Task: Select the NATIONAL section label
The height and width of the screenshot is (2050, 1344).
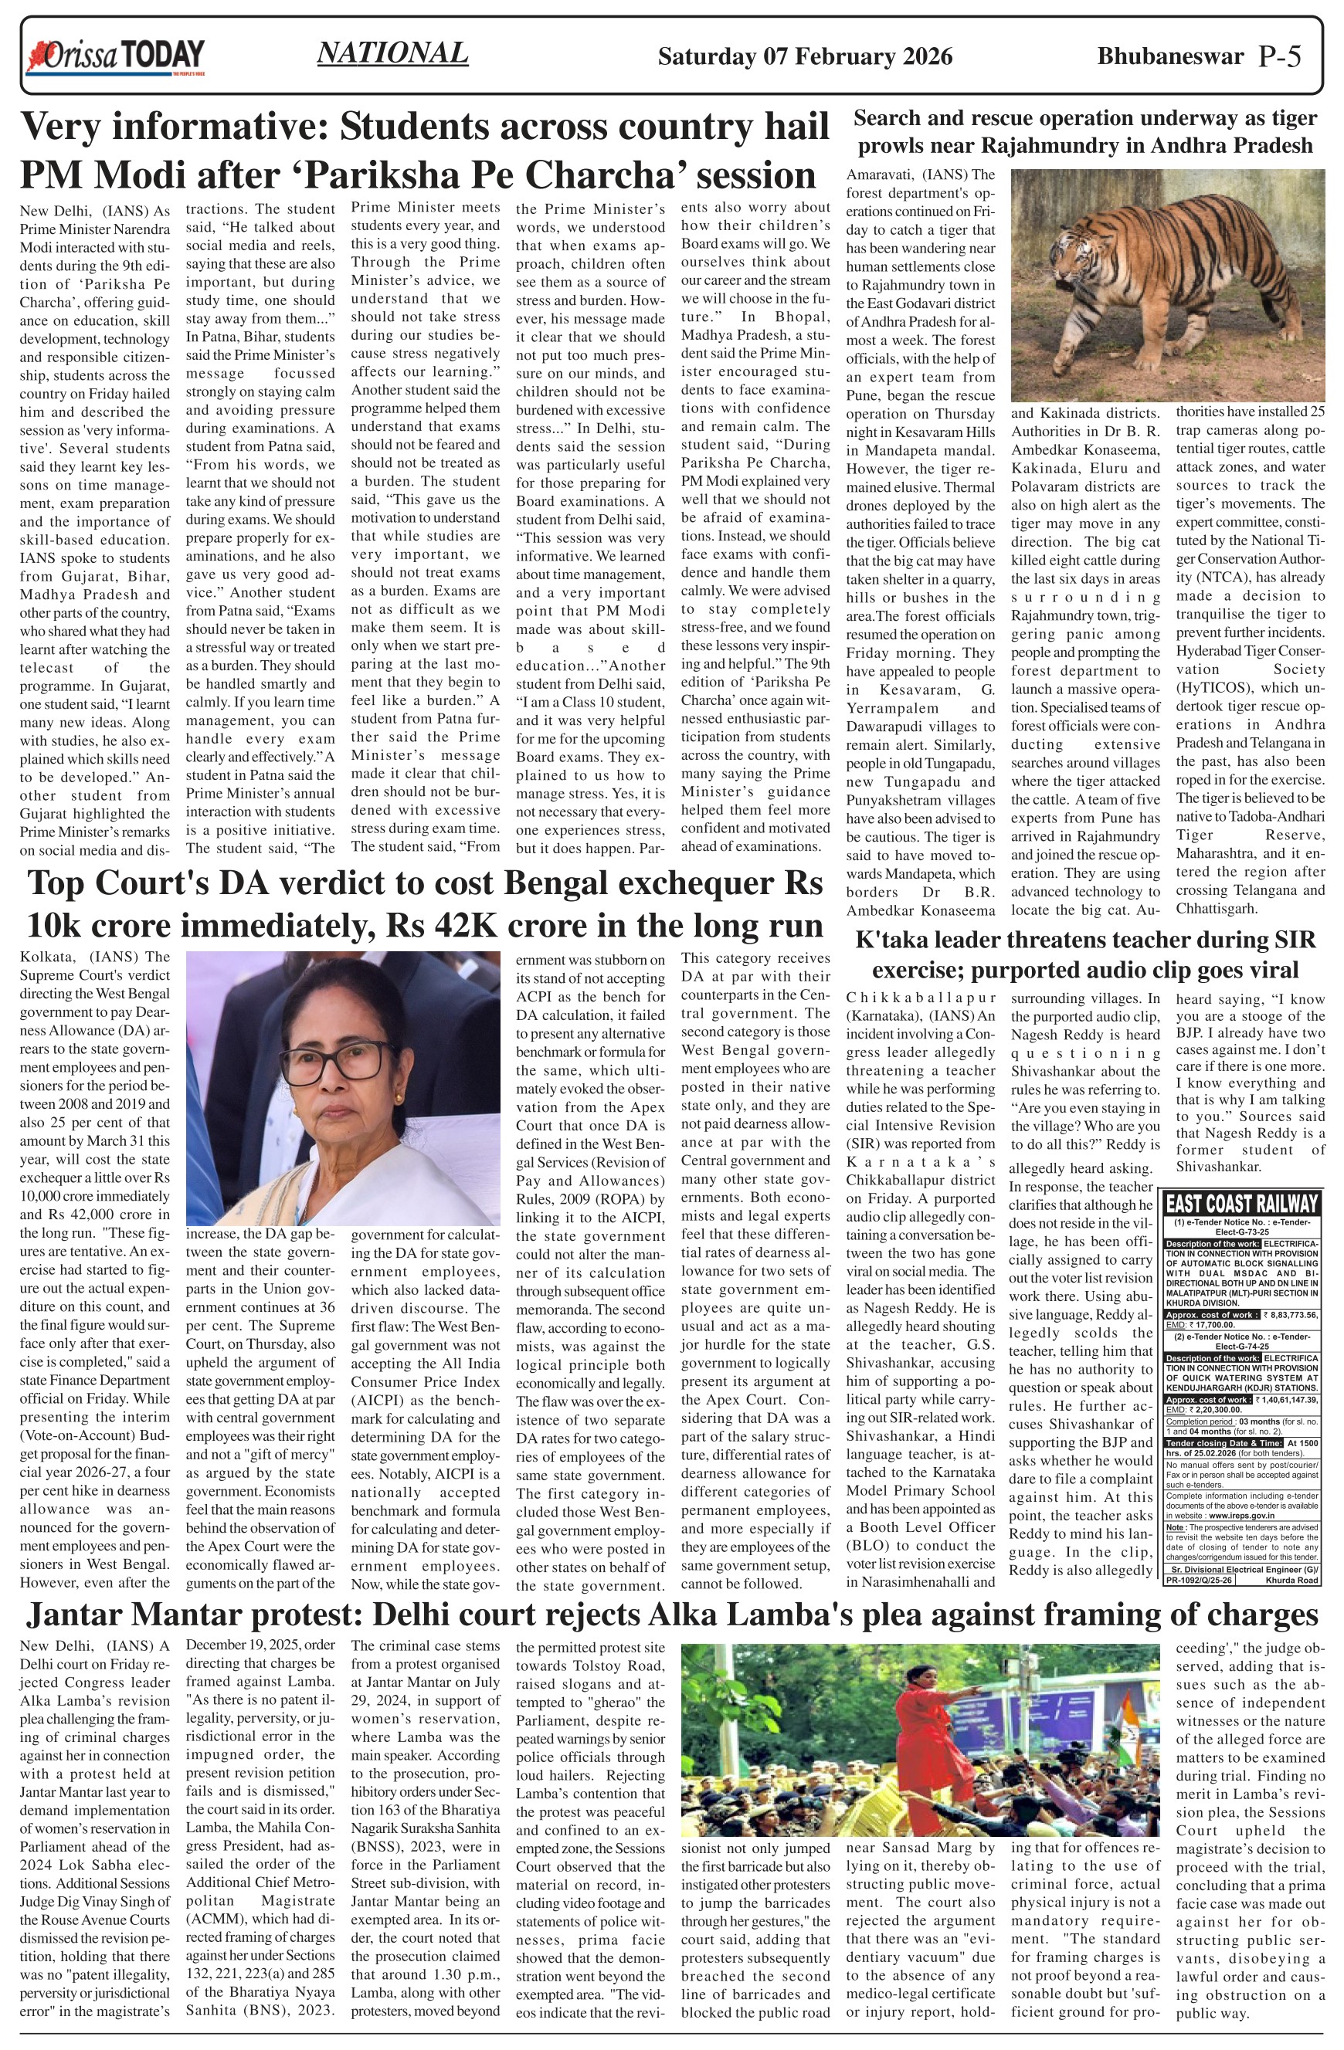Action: pos(392,53)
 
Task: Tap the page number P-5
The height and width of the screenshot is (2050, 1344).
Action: pos(1279,57)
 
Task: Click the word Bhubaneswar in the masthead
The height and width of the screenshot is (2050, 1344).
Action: pos(1170,57)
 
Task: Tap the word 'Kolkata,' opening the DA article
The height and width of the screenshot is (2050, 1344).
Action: pos(48,957)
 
